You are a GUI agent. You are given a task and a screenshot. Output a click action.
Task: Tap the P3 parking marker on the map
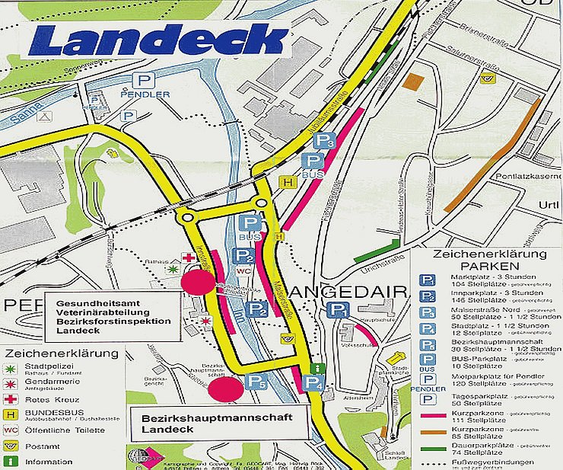point(326,141)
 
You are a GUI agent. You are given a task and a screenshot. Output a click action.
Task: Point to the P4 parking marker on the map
point(313,384)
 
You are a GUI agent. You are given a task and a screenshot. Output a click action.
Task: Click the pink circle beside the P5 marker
point(226,388)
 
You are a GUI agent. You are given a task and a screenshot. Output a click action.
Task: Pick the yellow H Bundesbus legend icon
point(11,414)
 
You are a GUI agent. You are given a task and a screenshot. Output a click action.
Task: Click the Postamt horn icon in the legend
point(11,446)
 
